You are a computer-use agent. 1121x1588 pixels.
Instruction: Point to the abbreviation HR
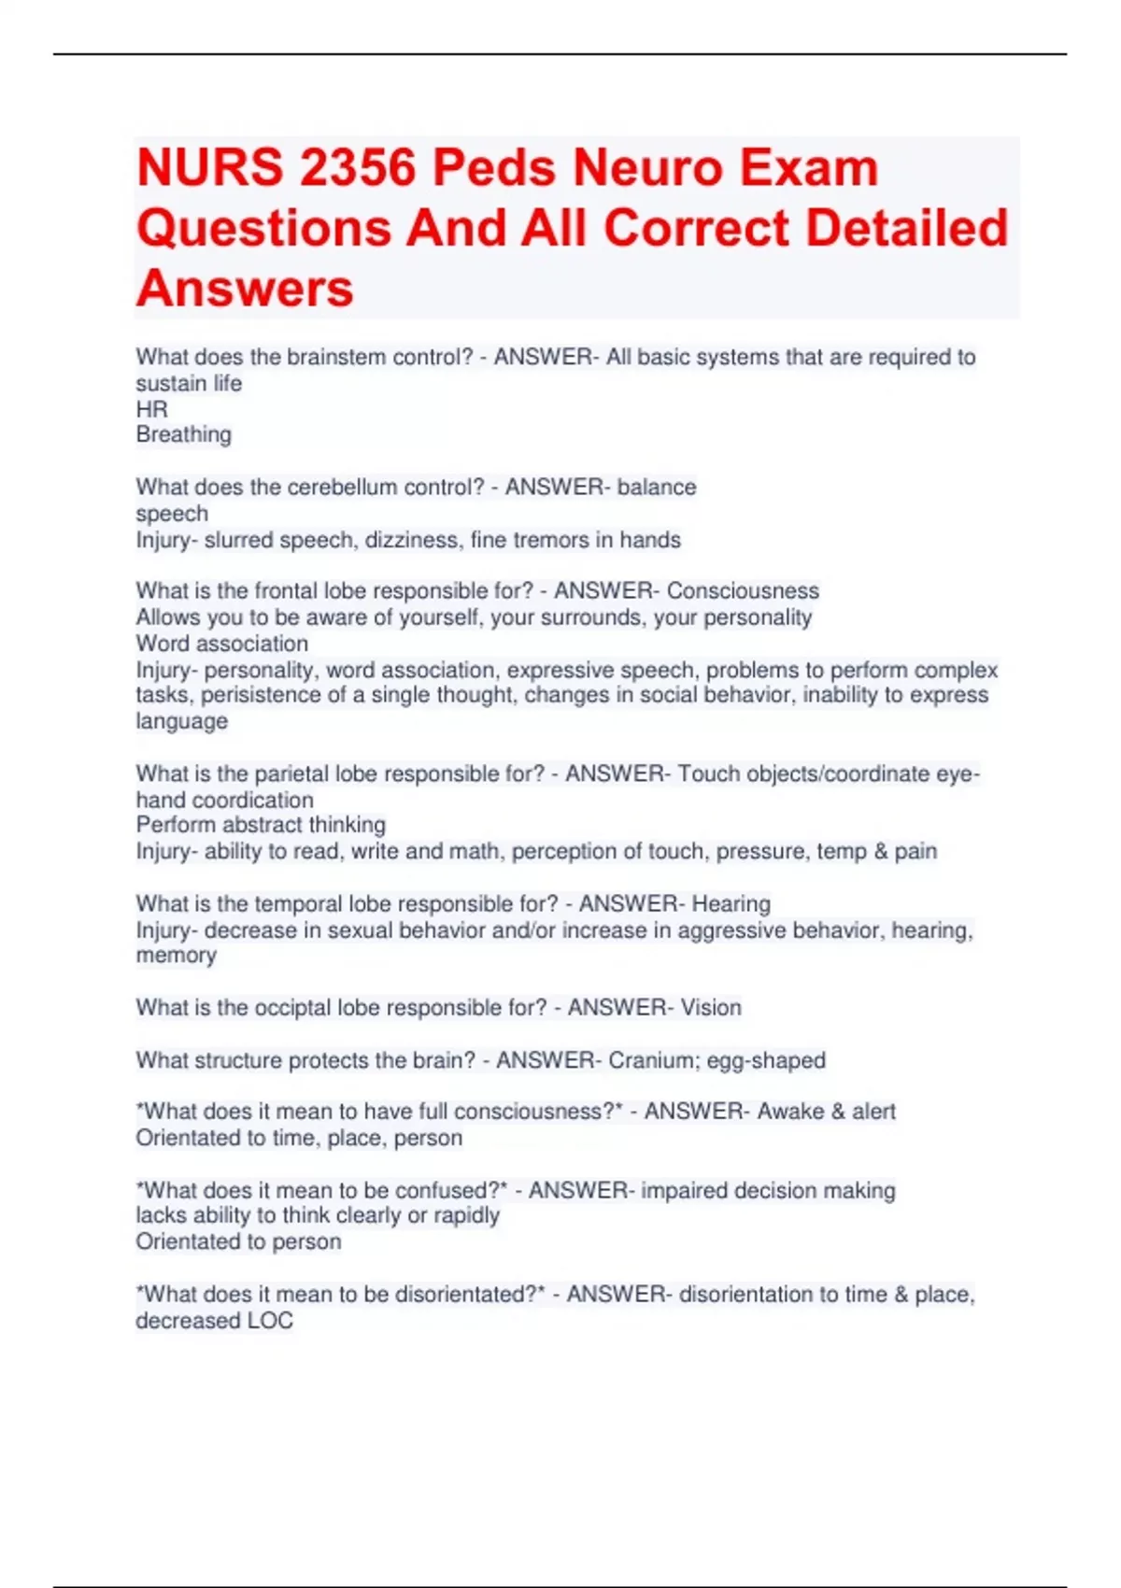151,409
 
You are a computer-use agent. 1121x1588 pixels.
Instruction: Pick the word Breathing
183,434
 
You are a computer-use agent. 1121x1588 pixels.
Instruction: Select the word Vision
711,1007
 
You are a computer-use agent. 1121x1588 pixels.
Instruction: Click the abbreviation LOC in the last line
270,1321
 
